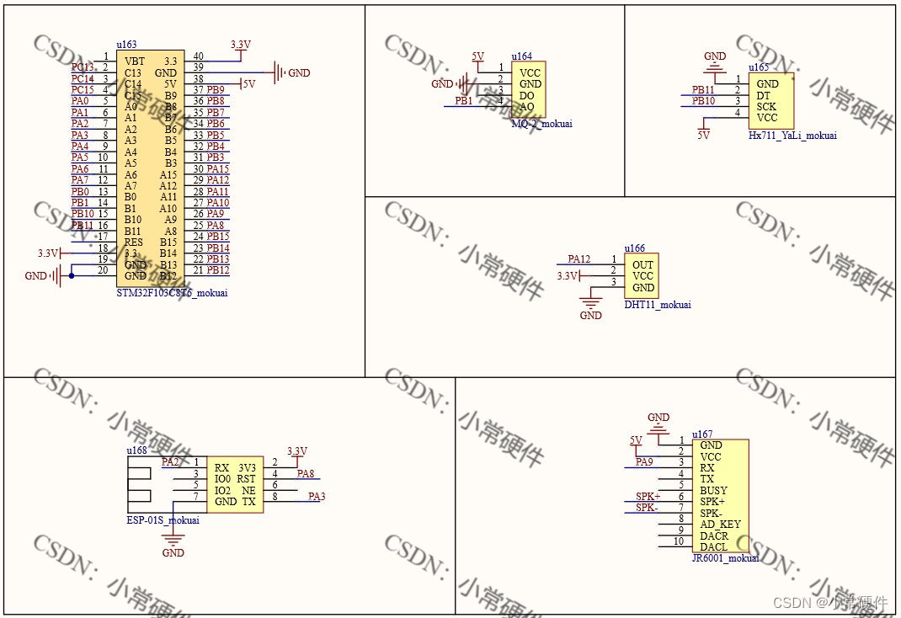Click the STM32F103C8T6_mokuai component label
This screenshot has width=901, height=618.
(x=172, y=293)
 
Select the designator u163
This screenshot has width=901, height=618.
(x=126, y=45)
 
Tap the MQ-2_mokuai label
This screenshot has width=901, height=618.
(x=541, y=124)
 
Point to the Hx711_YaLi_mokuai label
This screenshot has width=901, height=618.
(x=792, y=135)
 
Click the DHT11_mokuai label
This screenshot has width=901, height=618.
(x=658, y=305)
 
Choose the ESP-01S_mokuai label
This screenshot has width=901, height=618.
(x=163, y=519)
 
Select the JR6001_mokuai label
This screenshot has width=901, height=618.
(x=725, y=558)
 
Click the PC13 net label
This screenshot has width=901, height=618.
(x=82, y=67)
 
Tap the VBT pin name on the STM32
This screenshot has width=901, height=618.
(x=134, y=61)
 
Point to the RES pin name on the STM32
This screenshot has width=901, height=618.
(x=134, y=242)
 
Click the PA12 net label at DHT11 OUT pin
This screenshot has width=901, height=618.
(x=579, y=259)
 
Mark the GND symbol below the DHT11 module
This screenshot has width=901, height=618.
(x=591, y=307)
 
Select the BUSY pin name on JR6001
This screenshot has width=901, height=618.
(x=713, y=490)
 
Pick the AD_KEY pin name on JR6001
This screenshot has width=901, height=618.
(x=720, y=524)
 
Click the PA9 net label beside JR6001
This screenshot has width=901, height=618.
(x=644, y=461)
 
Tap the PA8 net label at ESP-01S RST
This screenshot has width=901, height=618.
(x=306, y=474)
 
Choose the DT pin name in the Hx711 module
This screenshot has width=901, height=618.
(x=763, y=96)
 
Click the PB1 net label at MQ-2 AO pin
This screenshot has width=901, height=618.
(x=463, y=101)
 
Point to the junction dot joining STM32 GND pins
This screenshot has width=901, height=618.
(x=71, y=275)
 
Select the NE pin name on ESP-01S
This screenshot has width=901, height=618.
(x=248, y=490)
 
